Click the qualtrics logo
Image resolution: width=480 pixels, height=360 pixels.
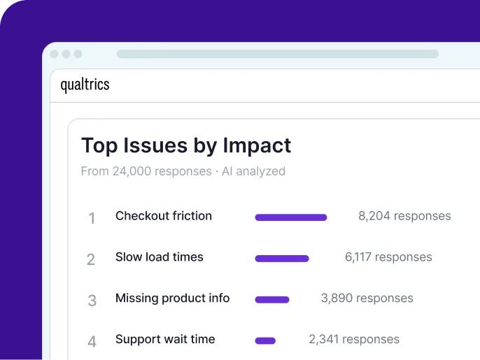pos(85,85)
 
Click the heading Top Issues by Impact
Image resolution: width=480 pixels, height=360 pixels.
pos(186,145)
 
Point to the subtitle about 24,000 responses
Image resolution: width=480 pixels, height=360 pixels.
pos(183,171)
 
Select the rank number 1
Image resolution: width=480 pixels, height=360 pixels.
pos(91,218)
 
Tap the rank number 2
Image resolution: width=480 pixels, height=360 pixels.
pos(91,260)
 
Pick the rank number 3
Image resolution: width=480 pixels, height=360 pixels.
pos(92,301)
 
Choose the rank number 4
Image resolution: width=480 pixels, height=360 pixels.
pos(92,342)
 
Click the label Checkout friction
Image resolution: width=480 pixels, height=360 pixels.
pos(164,216)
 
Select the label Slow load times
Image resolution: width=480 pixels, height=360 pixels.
pos(160,257)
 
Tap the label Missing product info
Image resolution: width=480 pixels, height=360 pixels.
pos(172,298)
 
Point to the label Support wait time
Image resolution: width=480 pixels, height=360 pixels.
pos(165,340)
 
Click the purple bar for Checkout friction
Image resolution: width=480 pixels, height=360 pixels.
pos(290,217)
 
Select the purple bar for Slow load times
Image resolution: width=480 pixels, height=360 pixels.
pos(281,259)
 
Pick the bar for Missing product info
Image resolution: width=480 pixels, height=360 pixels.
pos(272,300)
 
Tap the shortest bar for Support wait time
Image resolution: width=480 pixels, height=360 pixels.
pos(265,341)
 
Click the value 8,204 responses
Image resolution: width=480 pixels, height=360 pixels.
pos(404,217)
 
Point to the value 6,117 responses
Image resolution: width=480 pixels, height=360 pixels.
pos(388,257)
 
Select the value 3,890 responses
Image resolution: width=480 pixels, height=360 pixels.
pos(367,298)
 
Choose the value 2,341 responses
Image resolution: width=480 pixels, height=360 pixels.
pos(354,340)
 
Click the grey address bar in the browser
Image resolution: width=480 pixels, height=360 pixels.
pos(277,54)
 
